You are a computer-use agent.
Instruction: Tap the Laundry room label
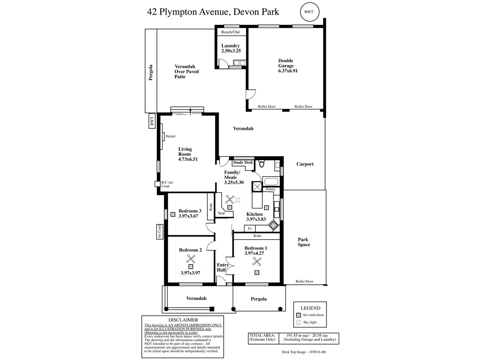230,46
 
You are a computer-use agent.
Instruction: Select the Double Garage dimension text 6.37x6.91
288,70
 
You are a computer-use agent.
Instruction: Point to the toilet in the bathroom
262,164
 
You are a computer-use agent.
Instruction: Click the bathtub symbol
271,181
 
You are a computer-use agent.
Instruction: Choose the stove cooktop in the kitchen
273,225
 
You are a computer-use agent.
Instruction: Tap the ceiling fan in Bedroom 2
190,259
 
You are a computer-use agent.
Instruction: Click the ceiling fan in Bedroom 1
257,261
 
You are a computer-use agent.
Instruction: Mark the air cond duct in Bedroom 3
173,214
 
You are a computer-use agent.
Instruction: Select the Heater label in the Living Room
171,136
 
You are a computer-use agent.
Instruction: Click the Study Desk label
243,162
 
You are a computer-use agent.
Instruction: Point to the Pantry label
271,189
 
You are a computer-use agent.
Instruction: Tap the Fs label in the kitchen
250,228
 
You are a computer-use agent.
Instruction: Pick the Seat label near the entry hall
221,213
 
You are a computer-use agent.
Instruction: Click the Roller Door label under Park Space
304,281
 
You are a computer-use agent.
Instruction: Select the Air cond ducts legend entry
310,315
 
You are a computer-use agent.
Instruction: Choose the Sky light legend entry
306,322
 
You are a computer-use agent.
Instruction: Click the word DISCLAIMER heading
183,320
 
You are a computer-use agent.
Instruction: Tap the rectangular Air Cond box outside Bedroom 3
160,232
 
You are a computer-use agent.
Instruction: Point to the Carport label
305,164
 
